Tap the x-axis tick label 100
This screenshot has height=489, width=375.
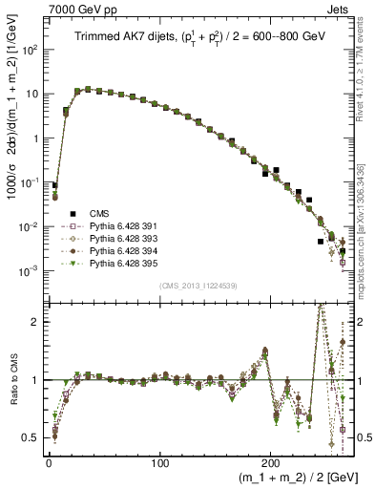[159, 458]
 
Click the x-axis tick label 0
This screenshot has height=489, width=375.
[49, 458]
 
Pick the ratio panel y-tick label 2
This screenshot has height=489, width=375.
[37, 322]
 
